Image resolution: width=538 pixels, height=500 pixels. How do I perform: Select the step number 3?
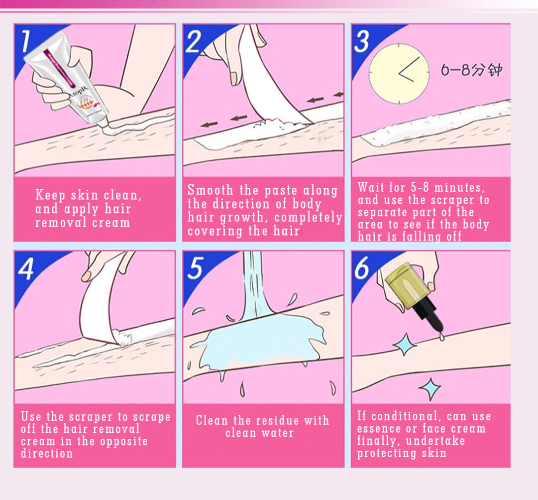click(x=362, y=41)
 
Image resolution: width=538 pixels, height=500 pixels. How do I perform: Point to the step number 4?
click(x=26, y=268)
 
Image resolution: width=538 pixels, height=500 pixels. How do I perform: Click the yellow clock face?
click(x=399, y=73)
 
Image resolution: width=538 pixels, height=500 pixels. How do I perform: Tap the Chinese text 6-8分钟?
click(x=472, y=70)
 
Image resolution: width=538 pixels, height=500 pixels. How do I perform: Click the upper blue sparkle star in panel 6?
click(x=405, y=344)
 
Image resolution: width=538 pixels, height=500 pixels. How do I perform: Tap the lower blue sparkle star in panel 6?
click(x=430, y=389)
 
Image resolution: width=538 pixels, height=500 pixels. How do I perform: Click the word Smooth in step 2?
click(x=211, y=190)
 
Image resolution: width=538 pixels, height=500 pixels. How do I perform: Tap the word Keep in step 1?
click(x=50, y=195)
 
